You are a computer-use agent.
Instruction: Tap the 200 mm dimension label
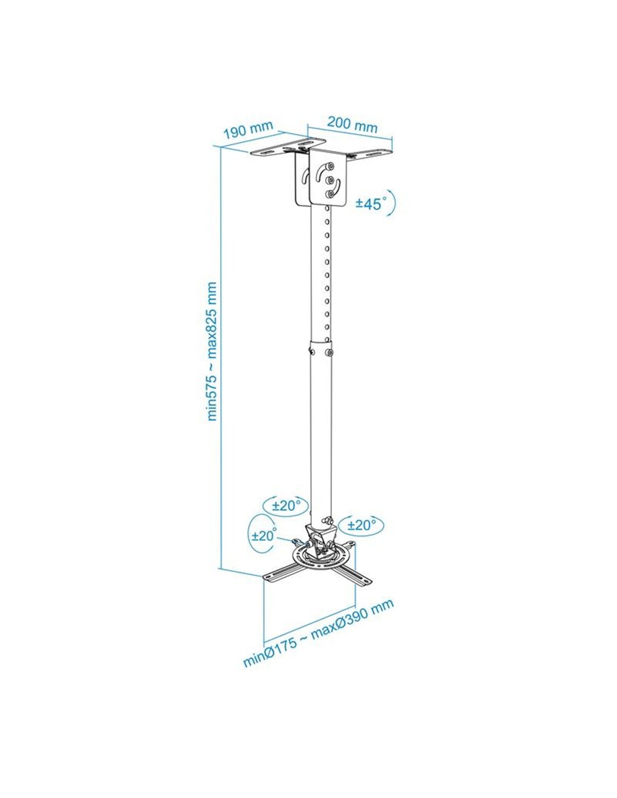point(352,125)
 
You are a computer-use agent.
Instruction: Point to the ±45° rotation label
point(371,203)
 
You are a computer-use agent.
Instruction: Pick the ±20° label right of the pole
point(362,525)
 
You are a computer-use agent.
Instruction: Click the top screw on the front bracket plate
point(330,166)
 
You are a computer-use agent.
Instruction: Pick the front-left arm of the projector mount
point(283,576)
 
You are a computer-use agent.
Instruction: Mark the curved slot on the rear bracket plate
point(305,176)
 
